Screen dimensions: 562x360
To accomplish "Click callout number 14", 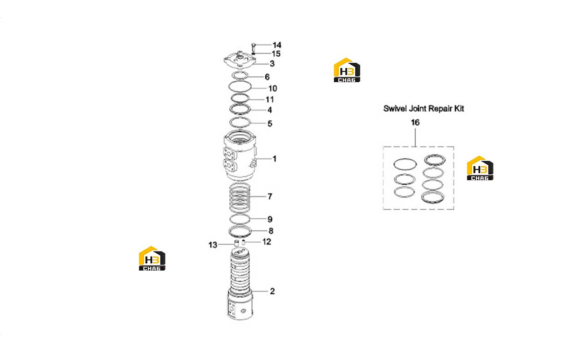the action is coord(277,45).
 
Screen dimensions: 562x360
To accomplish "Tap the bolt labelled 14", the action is coord(254,47).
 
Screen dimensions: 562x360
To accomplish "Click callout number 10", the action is coord(273,89).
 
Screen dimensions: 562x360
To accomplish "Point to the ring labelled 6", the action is coord(232,75).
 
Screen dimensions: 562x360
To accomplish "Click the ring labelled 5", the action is coord(230,123).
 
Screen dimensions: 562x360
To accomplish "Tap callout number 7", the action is coord(270,196).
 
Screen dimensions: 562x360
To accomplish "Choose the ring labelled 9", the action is coord(230,219).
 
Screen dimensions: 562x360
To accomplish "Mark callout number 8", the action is coord(271,231).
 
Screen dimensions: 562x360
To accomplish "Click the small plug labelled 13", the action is coord(236,243).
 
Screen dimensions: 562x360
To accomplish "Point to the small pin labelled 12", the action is coord(244,242).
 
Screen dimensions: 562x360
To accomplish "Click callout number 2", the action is coord(272,291).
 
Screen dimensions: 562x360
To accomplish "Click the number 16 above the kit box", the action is coord(415,123).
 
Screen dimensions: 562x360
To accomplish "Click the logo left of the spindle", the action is coord(152,258).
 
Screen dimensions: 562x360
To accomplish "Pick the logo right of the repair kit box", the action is coord(480,168).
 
